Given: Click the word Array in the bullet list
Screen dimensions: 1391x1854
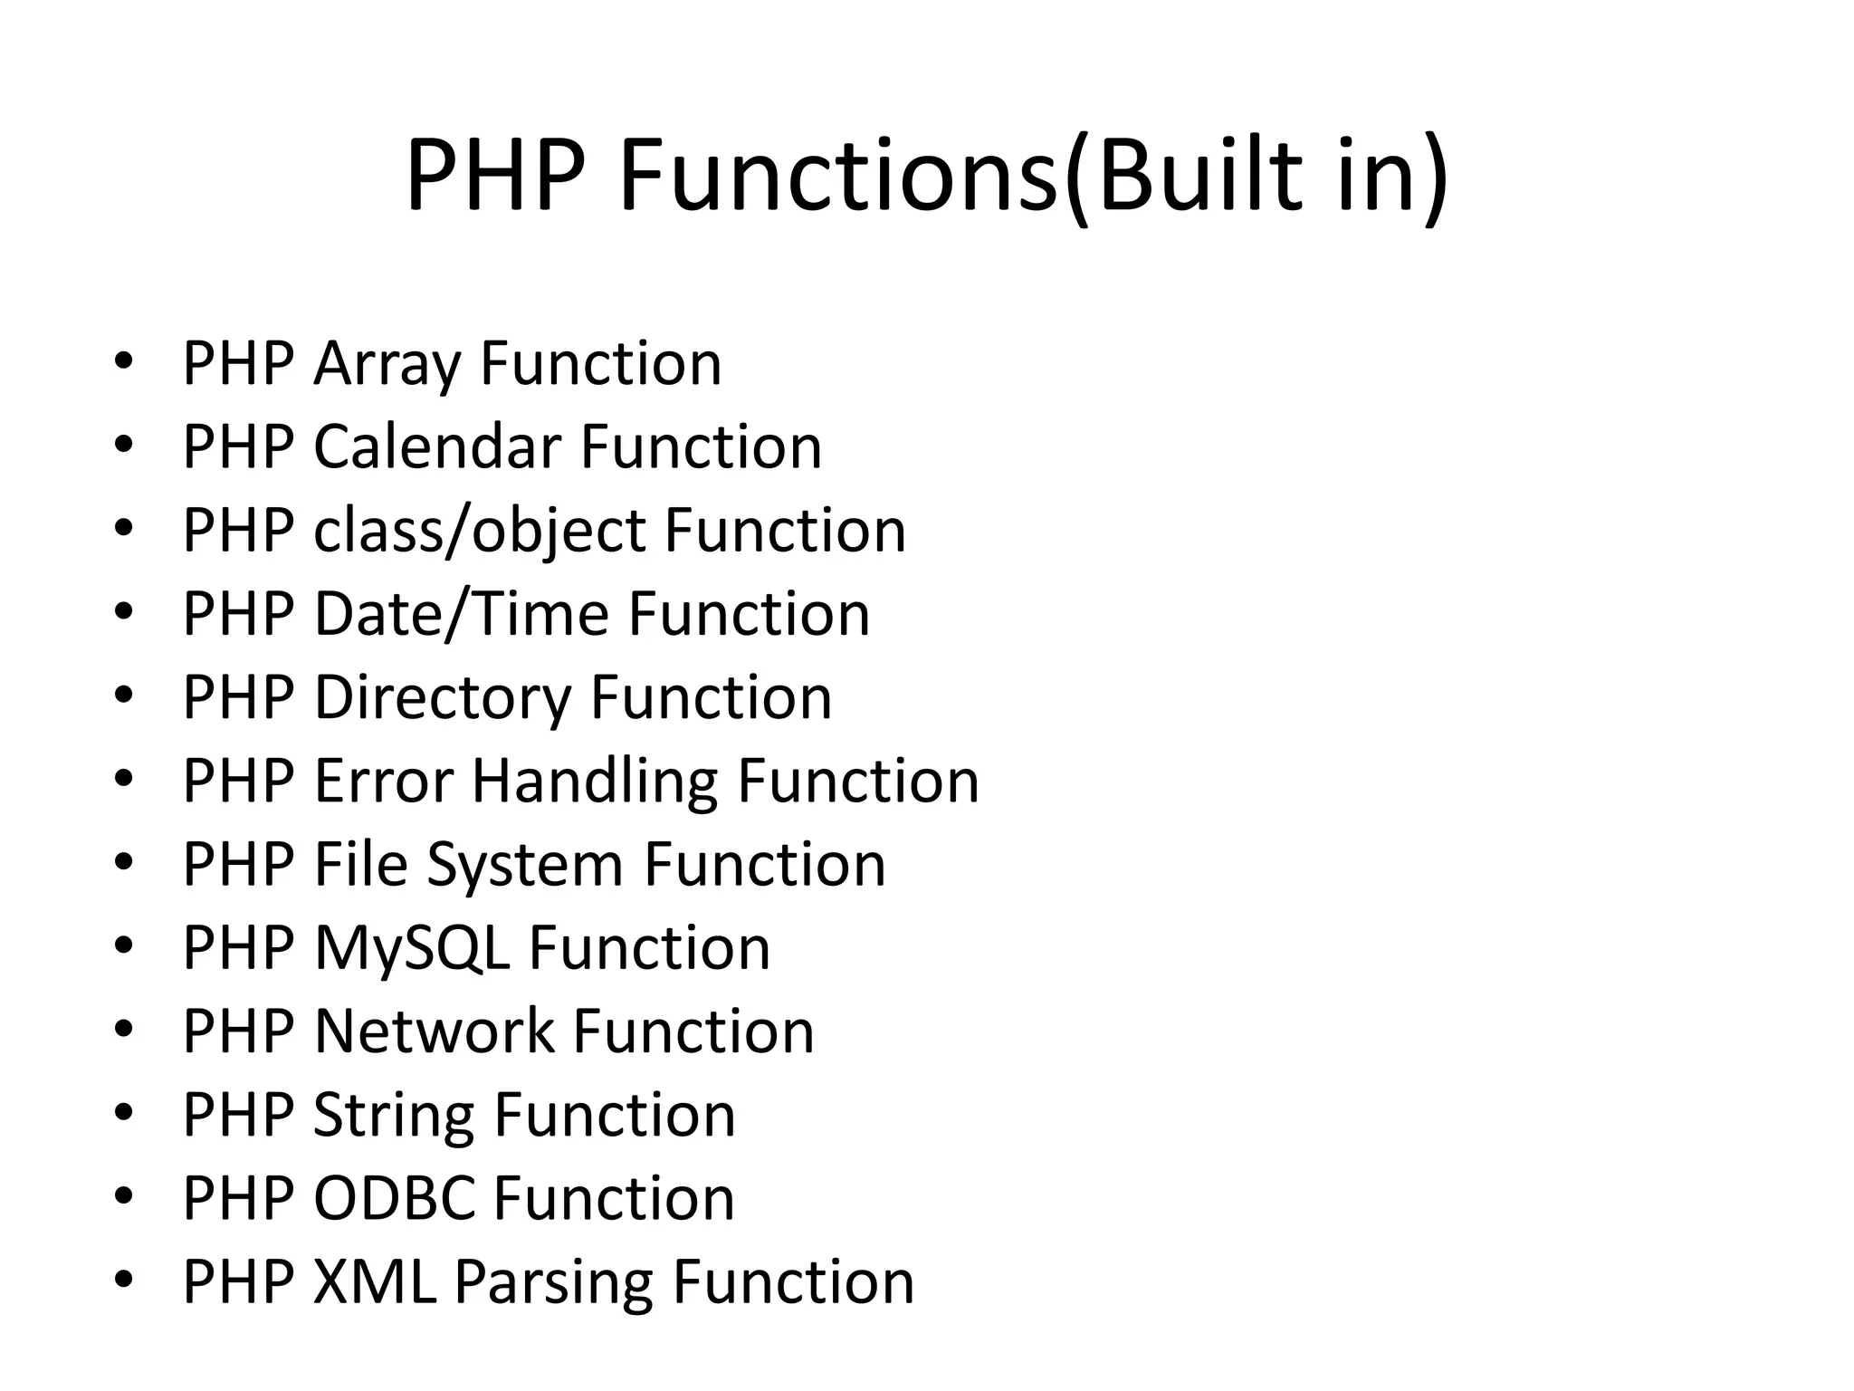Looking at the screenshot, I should pos(387,364).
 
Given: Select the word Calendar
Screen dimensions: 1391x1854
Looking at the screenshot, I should pos(437,447).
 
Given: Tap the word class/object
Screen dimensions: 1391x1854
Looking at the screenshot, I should pos(479,532).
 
